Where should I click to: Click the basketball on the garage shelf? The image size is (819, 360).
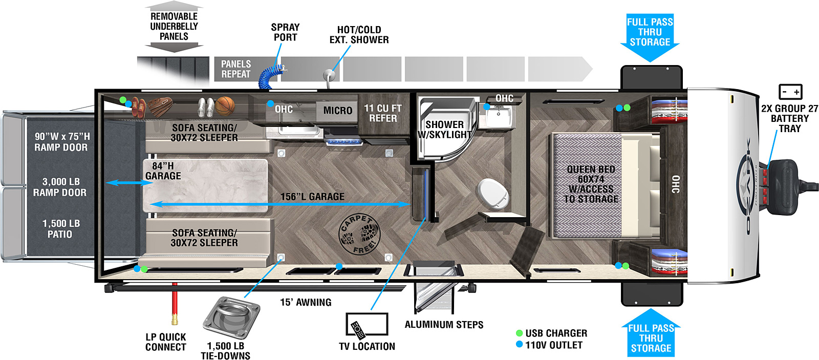tap(225, 106)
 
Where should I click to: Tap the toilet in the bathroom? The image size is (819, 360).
tap(493, 194)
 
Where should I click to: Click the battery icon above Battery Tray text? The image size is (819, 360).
tap(790, 92)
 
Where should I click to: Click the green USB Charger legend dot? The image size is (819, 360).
tap(519, 333)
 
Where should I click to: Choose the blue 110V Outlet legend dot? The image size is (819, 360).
tap(519, 345)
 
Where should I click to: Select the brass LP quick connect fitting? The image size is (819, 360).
tap(175, 320)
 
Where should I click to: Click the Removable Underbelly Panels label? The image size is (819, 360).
tap(174, 27)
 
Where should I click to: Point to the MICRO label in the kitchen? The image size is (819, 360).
tap(337, 111)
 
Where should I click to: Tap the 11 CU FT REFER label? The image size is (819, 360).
tap(383, 113)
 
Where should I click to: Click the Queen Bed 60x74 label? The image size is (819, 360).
tap(591, 184)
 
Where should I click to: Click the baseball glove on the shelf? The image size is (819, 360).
tap(160, 106)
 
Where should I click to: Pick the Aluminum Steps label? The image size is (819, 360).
tap(444, 325)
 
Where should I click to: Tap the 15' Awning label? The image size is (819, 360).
tap(306, 302)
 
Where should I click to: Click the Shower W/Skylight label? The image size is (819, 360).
tap(444, 130)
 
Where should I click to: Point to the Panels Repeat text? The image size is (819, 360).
tap(236, 69)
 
